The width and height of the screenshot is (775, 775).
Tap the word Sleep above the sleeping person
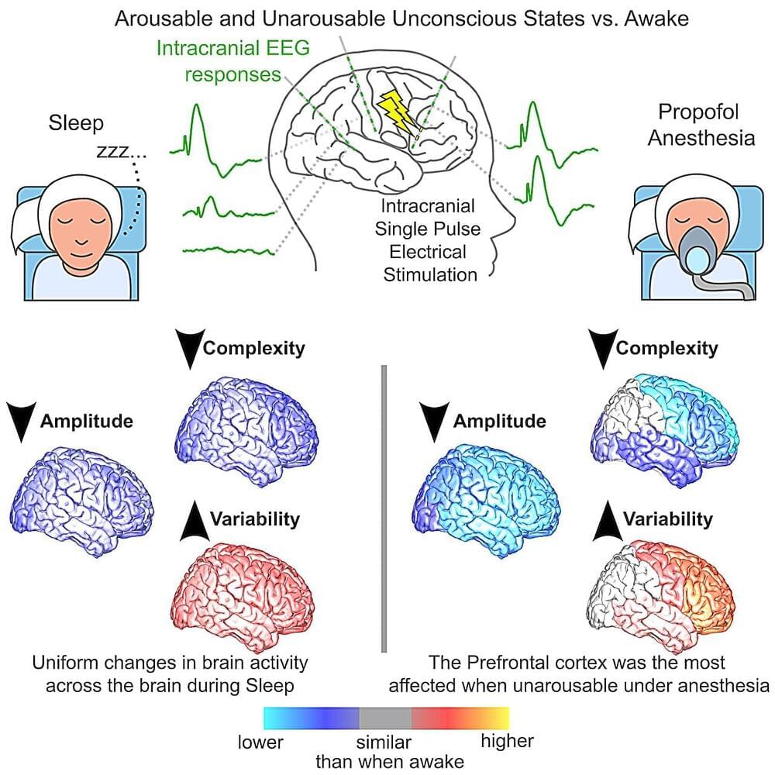(76, 123)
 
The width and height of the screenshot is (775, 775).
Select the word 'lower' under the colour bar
(260, 742)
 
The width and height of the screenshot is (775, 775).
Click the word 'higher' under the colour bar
(507, 742)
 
